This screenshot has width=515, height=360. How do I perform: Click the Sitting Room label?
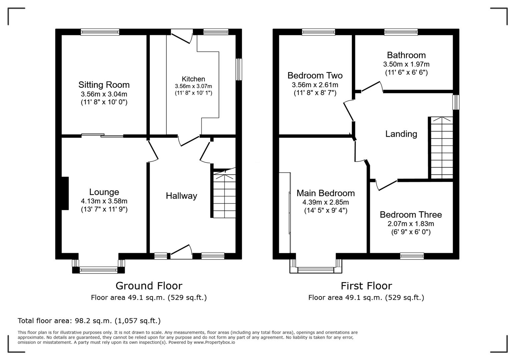[104, 85]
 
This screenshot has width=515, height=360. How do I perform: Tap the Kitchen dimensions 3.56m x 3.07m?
[193, 86]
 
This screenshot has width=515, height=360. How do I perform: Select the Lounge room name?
[104, 192]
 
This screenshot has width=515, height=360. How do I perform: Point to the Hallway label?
[181, 196]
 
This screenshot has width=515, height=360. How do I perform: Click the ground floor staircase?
[224, 195]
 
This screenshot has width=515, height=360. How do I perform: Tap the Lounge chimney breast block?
[65, 193]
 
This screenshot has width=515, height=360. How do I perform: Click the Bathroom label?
[406, 55]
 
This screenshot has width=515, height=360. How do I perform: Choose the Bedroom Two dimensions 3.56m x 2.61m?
[315, 85]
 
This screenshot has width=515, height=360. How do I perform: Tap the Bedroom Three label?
[411, 215]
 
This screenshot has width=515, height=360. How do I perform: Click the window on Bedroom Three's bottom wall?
[412, 256]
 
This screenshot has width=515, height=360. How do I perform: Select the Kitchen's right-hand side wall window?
[239, 69]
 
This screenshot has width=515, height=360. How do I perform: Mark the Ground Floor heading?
[149, 286]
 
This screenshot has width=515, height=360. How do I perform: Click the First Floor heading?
[366, 286]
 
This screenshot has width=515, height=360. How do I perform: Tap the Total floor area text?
[89, 321]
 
